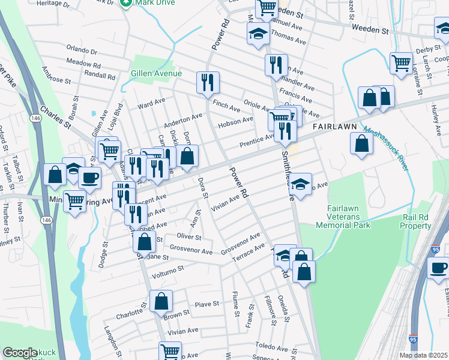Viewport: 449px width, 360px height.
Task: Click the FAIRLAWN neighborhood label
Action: pyautogui.click(x=334, y=127)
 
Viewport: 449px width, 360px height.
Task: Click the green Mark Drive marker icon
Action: pyautogui.click(x=126, y=3)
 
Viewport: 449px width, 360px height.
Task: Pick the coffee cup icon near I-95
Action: pyautogui.click(x=438, y=267)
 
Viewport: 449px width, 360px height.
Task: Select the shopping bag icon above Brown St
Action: pyautogui.click(x=161, y=301)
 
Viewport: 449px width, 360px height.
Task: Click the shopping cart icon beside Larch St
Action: pyautogui.click(x=400, y=62)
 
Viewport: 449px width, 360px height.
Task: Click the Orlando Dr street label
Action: pyautogui.click(x=82, y=50)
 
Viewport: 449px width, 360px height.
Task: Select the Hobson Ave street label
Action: pyautogui.click(x=235, y=121)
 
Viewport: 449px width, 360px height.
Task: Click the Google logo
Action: pyautogui.click(x=19, y=353)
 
